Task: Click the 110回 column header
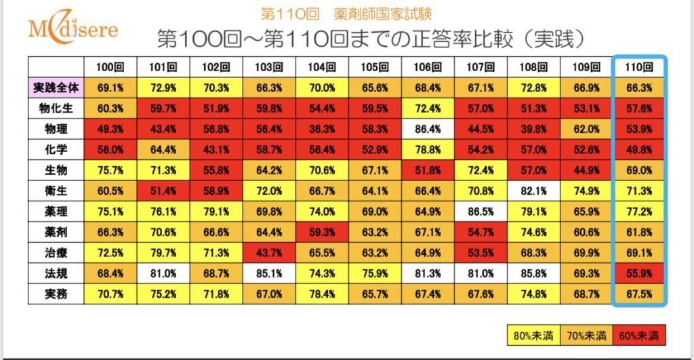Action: [639, 67]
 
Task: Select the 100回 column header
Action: [110, 67]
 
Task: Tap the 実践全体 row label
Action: [56, 87]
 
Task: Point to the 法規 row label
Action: [56, 273]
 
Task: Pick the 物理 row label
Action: [56, 128]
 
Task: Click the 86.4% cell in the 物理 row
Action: [427, 128]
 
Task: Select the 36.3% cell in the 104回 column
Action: [321, 128]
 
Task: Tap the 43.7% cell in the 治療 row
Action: [269, 252]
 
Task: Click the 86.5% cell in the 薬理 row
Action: [480, 211]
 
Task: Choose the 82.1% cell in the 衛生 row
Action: [533, 191]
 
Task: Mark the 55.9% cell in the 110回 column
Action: [639, 273]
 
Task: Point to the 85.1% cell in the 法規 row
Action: [269, 273]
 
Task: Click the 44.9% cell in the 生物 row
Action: [586, 169]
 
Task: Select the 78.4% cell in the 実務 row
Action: [321, 294]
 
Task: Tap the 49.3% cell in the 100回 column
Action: [110, 128]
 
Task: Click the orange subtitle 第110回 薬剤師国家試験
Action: [346, 12]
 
